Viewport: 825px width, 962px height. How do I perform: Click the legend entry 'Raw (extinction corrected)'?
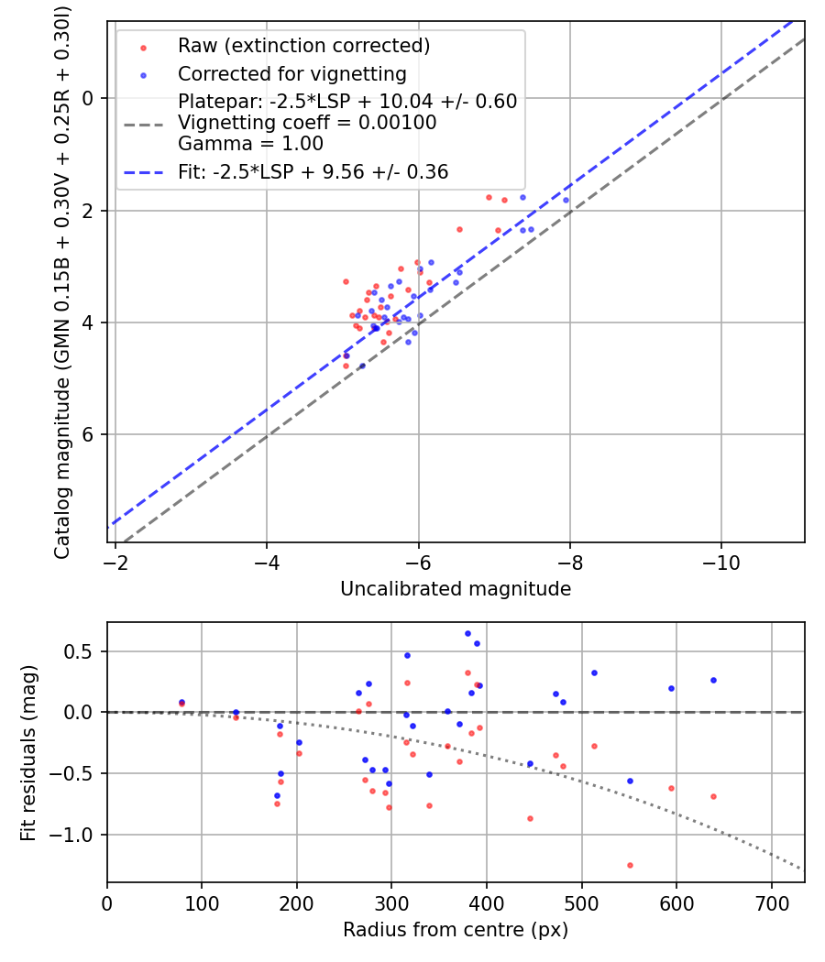303,46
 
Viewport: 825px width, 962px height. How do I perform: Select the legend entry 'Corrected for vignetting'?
291,73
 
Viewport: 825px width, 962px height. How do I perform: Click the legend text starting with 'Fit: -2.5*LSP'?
313,171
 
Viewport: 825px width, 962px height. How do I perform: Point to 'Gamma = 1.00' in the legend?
250,143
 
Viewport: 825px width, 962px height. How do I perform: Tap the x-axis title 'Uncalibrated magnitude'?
456,589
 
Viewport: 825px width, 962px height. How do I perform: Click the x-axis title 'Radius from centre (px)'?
456,930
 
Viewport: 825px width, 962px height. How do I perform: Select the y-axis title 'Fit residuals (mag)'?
28,751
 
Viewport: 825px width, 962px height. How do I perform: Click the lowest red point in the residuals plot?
630,865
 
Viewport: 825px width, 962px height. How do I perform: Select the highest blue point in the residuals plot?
467,633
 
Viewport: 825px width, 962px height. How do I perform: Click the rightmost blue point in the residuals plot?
713,680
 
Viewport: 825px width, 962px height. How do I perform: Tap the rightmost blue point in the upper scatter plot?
566,200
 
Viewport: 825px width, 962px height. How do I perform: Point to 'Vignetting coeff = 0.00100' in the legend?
307,122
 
